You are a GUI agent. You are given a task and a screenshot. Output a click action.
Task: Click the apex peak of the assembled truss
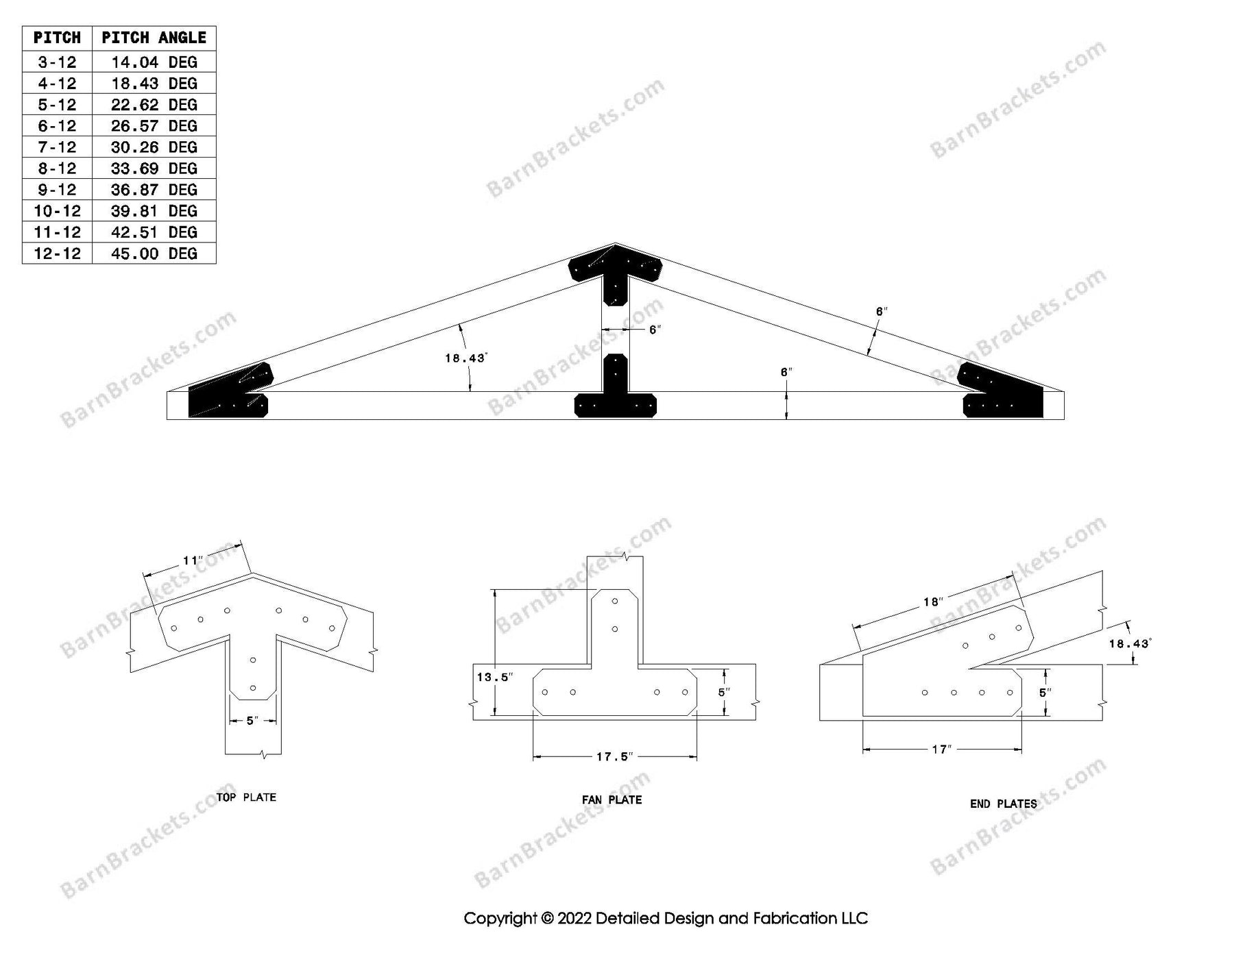point(615,243)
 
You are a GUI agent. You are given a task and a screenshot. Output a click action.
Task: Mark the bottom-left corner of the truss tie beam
point(167,419)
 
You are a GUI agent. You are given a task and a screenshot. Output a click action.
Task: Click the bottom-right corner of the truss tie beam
point(1064,419)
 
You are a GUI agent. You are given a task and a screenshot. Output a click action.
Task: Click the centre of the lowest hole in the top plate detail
point(253,687)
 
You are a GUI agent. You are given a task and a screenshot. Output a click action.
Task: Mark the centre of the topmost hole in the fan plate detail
point(615,602)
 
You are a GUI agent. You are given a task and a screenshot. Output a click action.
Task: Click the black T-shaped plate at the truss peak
point(615,274)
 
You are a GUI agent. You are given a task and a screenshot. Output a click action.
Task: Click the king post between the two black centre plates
point(615,330)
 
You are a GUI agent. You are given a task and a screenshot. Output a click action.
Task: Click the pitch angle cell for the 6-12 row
point(154,126)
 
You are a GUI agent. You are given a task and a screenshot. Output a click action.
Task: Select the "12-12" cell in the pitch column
point(58,253)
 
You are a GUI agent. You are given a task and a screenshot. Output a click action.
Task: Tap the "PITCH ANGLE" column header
point(154,38)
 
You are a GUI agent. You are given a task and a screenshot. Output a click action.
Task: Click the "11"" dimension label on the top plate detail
point(193,561)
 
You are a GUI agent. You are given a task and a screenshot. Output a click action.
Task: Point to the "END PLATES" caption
point(1003,804)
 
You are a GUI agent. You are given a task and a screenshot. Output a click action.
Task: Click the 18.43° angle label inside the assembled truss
point(465,358)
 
